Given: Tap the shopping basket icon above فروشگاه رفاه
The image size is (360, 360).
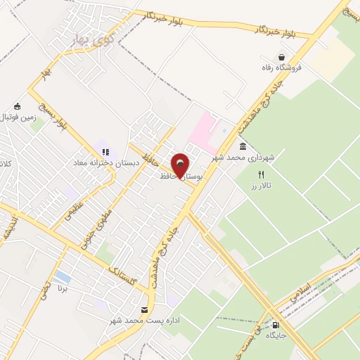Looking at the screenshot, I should click(282, 57).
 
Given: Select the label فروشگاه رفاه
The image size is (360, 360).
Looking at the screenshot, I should click(281, 67).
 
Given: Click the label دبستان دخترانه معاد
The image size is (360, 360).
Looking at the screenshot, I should click(101, 162).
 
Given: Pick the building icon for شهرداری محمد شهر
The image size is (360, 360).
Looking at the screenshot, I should click(243, 146).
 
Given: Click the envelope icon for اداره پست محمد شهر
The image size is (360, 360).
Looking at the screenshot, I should click(144, 310).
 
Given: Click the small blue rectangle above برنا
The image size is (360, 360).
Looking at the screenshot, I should click(62, 276).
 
